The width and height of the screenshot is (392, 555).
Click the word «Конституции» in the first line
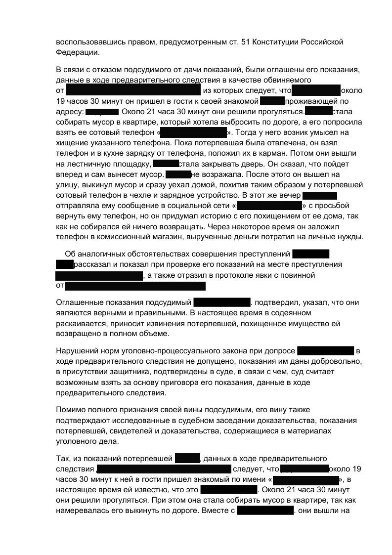(276, 42)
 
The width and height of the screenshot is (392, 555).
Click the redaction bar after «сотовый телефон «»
(193, 133)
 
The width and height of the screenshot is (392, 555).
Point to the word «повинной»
(298, 275)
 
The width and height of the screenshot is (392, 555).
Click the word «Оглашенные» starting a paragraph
(78, 302)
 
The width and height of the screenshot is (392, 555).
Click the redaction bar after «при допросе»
(325, 351)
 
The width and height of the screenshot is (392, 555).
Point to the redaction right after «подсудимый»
(221, 302)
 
